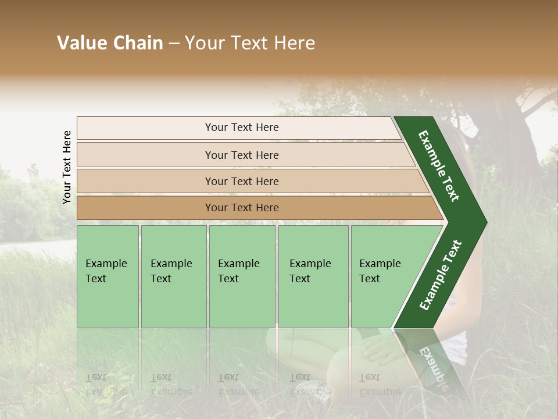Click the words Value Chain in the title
point(110,43)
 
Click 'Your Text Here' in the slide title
point(250,43)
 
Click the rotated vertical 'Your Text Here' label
point(67,168)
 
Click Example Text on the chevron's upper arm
point(439,166)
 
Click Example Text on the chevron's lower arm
point(441,275)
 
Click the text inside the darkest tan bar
point(242,208)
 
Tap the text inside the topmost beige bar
point(242,127)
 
